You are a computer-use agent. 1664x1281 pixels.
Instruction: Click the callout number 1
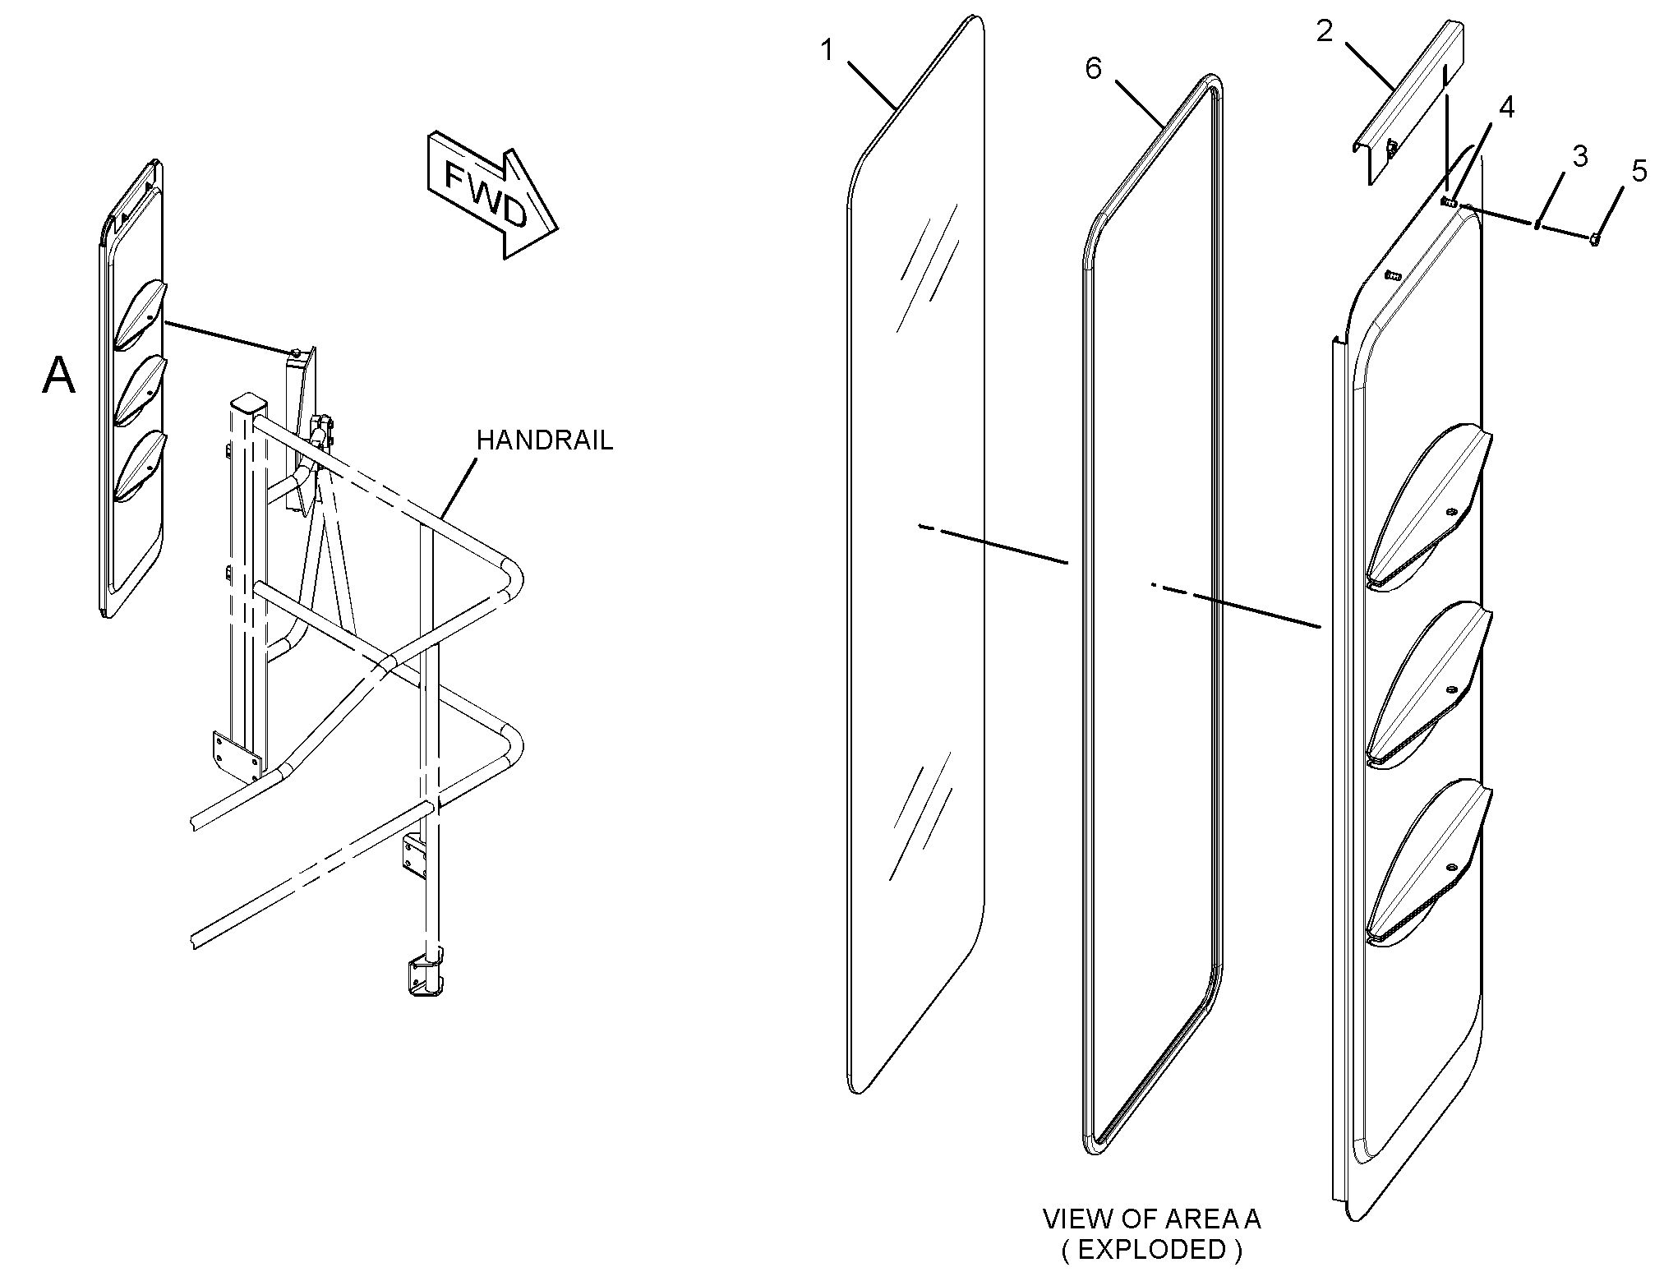[827, 52]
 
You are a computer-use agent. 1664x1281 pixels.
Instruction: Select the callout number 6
[1093, 70]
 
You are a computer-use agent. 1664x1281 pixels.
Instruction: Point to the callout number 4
[1506, 108]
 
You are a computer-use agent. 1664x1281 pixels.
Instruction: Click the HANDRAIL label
[544, 441]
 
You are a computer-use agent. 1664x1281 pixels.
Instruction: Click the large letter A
[59, 377]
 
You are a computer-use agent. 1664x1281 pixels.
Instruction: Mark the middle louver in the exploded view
[1430, 682]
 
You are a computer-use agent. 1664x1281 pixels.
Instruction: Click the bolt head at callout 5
[1595, 239]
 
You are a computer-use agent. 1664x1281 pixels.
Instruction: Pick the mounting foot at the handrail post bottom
[425, 974]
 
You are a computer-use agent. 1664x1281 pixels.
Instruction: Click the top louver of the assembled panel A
[140, 312]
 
